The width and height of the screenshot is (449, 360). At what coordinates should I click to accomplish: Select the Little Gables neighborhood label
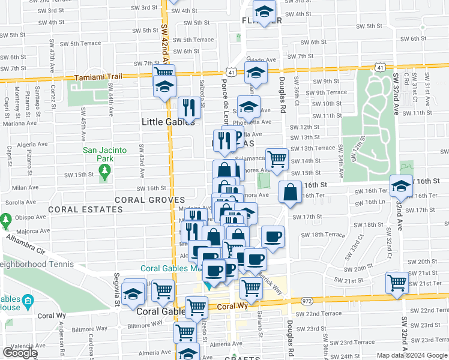pyautogui.click(x=168, y=121)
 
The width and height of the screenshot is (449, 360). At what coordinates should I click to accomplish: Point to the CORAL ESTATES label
pyautogui.click(x=85, y=210)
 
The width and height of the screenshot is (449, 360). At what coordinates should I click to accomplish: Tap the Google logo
pyautogui.click(x=20, y=353)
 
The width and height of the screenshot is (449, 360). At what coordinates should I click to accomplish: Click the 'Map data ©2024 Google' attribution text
pyautogui.click(x=412, y=355)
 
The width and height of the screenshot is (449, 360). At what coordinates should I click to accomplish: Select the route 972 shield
pyautogui.click(x=307, y=300)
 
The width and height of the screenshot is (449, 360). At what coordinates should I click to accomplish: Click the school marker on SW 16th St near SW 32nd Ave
pyautogui.click(x=402, y=187)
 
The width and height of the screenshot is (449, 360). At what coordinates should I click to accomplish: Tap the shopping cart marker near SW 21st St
pyautogui.click(x=397, y=284)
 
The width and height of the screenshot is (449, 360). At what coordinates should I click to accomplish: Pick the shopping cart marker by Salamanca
pyautogui.click(x=277, y=160)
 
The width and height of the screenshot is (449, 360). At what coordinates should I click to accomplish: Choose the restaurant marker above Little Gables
pyautogui.click(x=189, y=108)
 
